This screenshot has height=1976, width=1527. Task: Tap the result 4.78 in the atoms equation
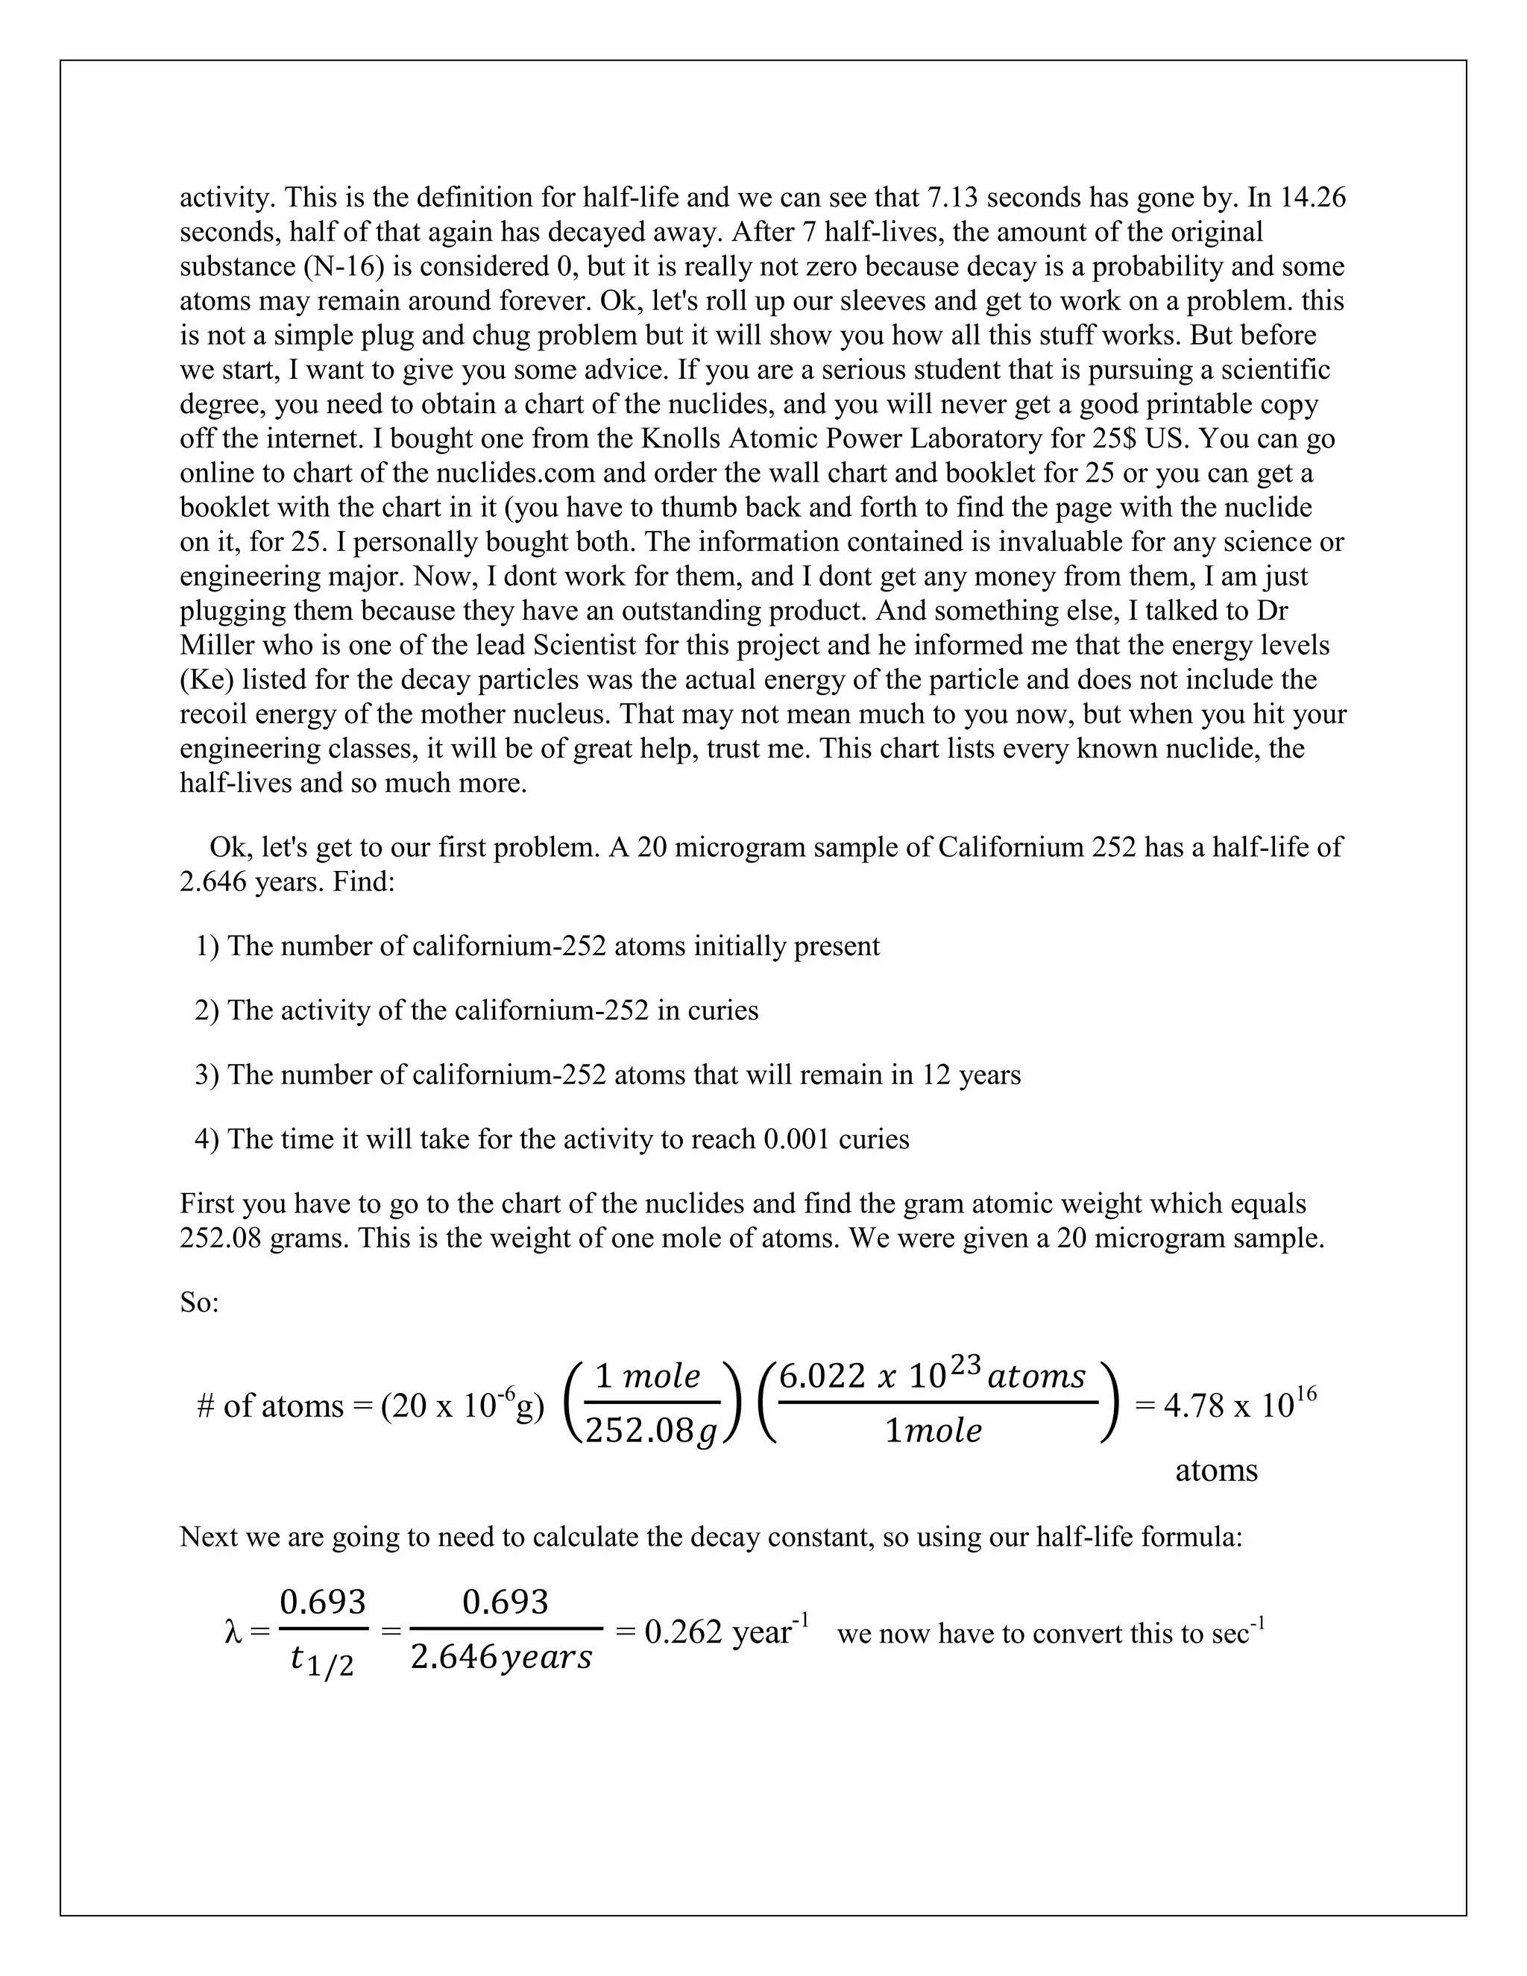(1193, 1405)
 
